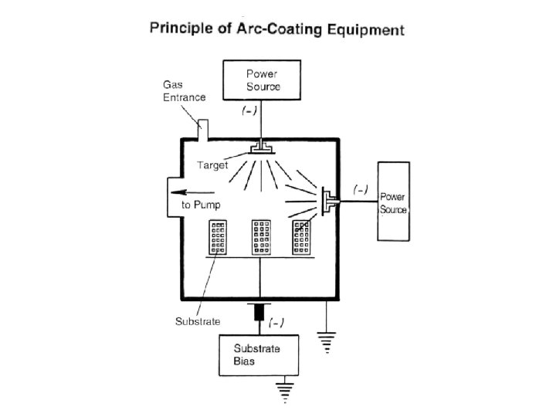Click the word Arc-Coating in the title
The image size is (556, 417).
279,29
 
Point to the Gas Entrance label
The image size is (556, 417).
184,91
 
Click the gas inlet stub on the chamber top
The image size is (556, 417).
203,131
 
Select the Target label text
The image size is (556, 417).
212,165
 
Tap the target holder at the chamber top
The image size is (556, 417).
262,148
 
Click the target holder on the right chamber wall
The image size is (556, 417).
330,202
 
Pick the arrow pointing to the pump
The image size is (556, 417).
192,192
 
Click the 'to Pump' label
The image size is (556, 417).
201,205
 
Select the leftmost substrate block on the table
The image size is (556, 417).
218,237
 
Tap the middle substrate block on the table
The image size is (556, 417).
261,237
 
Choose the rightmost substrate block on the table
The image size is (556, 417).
301,237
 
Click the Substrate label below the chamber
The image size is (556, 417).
198,321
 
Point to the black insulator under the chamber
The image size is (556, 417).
259,312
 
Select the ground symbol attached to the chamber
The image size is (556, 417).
327,342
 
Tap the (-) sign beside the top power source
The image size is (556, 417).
249,110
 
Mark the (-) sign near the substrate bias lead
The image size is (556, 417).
276,323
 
